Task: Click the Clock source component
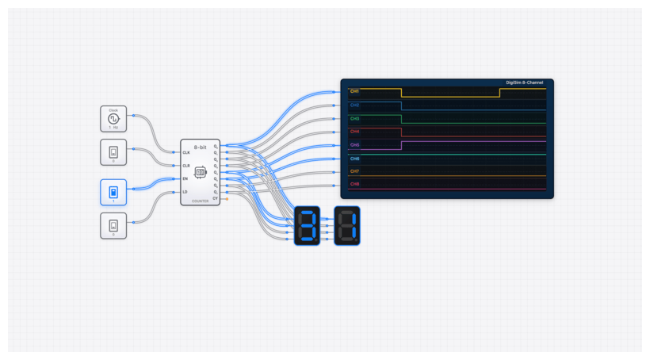pyautogui.click(x=113, y=118)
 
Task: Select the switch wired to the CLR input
pyautogui.click(x=113, y=151)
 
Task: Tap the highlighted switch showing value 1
pyautogui.click(x=113, y=192)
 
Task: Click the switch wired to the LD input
pyautogui.click(x=113, y=225)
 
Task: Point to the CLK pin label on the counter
pyautogui.click(x=186, y=152)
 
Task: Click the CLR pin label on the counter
pyautogui.click(x=186, y=166)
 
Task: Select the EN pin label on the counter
pyautogui.click(x=185, y=179)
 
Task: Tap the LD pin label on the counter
pyautogui.click(x=185, y=192)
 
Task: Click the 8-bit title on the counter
pyautogui.click(x=201, y=146)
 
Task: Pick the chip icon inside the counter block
pyautogui.click(x=201, y=171)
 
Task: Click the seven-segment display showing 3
pyautogui.click(x=307, y=225)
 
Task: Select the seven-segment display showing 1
pyautogui.click(x=347, y=225)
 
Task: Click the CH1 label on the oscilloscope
pyautogui.click(x=354, y=91)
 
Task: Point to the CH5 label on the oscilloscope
pyautogui.click(x=354, y=145)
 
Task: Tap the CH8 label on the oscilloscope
pyautogui.click(x=354, y=184)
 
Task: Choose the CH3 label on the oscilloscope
pyautogui.click(x=354, y=118)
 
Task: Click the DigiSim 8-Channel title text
pyautogui.click(x=527, y=82)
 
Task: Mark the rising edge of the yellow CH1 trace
pyautogui.click(x=500, y=93)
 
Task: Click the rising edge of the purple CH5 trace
pyautogui.click(x=402, y=146)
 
